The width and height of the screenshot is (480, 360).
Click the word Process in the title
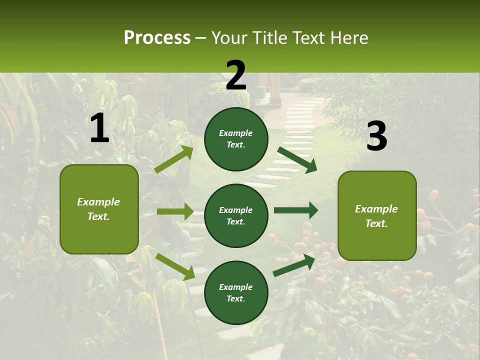pyautogui.click(x=157, y=38)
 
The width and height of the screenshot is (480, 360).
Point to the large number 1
pyautogui.click(x=99, y=129)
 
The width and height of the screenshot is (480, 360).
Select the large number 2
pyautogui.click(x=236, y=75)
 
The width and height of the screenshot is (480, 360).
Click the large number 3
pyautogui.click(x=376, y=136)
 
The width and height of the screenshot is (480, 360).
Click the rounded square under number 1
pyautogui.click(x=99, y=209)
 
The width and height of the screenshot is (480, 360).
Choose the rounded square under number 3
pyautogui.click(x=377, y=215)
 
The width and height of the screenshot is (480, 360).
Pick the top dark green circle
pyautogui.click(x=236, y=139)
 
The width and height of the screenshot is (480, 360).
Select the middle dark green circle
pyautogui.click(x=236, y=215)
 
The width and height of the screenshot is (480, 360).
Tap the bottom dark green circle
pyautogui.click(x=236, y=292)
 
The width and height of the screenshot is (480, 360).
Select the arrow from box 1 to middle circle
pyautogui.click(x=175, y=211)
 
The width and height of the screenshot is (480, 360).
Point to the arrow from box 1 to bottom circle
pyautogui.click(x=175, y=266)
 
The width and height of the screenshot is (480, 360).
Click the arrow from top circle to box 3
pyautogui.click(x=297, y=159)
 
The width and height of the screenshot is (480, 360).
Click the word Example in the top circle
pyautogui.click(x=236, y=133)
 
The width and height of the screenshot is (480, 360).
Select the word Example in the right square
pyautogui.click(x=376, y=209)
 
